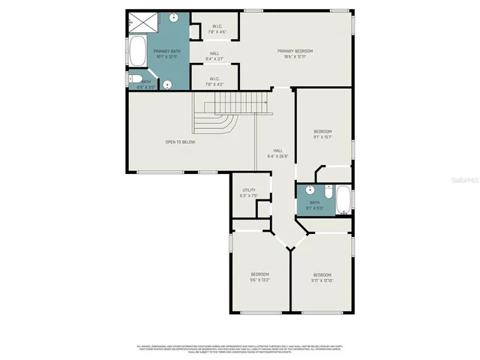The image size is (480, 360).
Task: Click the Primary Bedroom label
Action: click(295, 51)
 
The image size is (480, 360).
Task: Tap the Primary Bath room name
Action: click(164, 51)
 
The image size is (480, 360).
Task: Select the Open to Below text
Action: click(181, 142)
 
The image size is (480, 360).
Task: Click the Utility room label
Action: click(248, 190)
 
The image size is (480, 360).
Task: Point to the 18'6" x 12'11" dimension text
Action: click(295, 56)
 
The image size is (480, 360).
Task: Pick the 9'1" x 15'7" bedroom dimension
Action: click(322, 136)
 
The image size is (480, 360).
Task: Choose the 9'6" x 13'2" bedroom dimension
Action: click(259, 280)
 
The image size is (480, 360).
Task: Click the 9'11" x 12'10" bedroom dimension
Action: click(322, 280)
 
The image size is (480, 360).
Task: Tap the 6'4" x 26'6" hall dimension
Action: click(277, 156)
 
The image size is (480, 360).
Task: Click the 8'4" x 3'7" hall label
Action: click(214, 56)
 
